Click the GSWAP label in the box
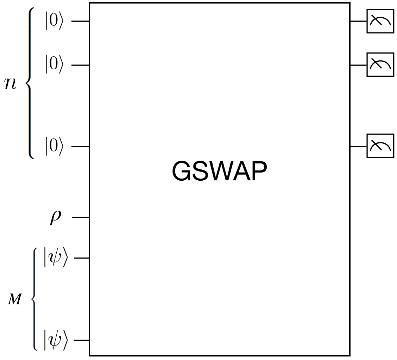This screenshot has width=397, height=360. [x=219, y=172]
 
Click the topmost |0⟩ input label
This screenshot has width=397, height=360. [x=54, y=21]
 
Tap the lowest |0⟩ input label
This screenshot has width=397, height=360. [x=54, y=146]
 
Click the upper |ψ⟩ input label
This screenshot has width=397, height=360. [x=55, y=258]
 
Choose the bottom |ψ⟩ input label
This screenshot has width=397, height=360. [x=55, y=340]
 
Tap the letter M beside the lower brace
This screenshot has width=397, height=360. [x=15, y=300]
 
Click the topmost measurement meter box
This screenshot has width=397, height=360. [x=380, y=21]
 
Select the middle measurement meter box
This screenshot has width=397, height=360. [x=380, y=65]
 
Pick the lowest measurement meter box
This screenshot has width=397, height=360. [x=380, y=146]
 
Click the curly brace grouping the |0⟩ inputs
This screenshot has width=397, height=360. [x=30, y=83]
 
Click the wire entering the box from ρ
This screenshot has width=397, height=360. [x=81, y=218]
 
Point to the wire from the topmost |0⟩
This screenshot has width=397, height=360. [x=80, y=21]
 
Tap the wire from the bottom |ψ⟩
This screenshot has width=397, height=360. [x=82, y=340]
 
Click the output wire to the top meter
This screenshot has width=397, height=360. [x=358, y=21]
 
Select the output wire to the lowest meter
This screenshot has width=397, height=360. [x=358, y=146]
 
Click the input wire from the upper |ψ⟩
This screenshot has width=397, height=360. [x=82, y=258]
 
